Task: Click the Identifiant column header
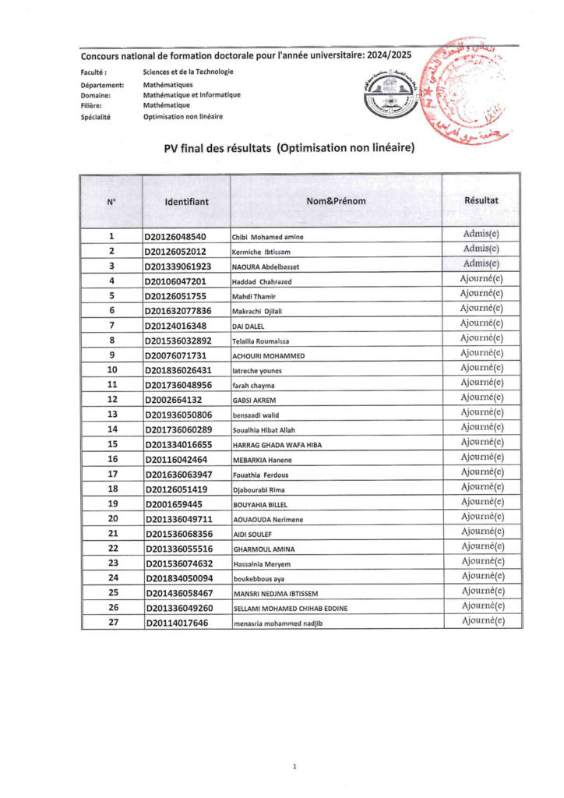pyautogui.click(x=187, y=202)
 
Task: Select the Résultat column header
pyautogui.click(x=481, y=200)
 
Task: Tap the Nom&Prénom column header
pyautogui.click(x=336, y=202)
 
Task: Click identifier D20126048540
pyautogui.click(x=176, y=237)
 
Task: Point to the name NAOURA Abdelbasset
pyautogui.click(x=266, y=267)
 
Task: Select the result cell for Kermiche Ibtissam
pyautogui.click(x=481, y=249)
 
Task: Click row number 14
pyautogui.click(x=112, y=429)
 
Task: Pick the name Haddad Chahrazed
pyautogui.click(x=262, y=281)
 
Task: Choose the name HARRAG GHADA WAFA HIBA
pyautogui.click(x=277, y=445)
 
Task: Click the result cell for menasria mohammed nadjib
pyautogui.click(x=481, y=621)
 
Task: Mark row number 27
pyautogui.click(x=112, y=622)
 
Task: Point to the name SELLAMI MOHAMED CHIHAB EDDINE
pyautogui.click(x=290, y=608)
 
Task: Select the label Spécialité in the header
pyautogui.click(x=96, y=117)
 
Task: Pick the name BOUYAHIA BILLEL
pyautogui.click(x=260, y=504)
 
